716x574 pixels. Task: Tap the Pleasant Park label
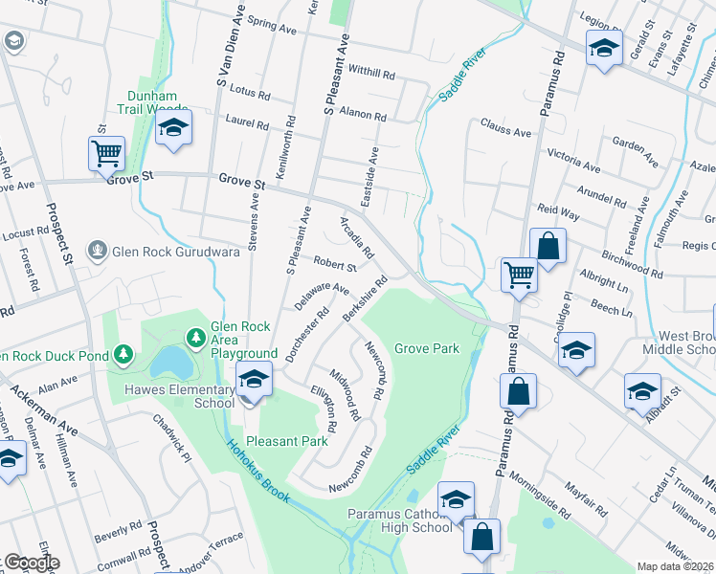point(287,441)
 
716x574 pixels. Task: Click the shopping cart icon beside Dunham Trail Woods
point(106,152)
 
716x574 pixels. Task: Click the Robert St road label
point(335,264)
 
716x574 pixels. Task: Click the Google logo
point(31,563)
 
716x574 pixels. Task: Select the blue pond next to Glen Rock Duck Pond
point(169,362)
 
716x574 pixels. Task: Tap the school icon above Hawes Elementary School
point(254,380)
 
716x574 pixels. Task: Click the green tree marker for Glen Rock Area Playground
point(195,338)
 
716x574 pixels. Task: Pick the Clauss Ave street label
point(505,129)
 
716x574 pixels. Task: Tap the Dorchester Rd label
point(305,334)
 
